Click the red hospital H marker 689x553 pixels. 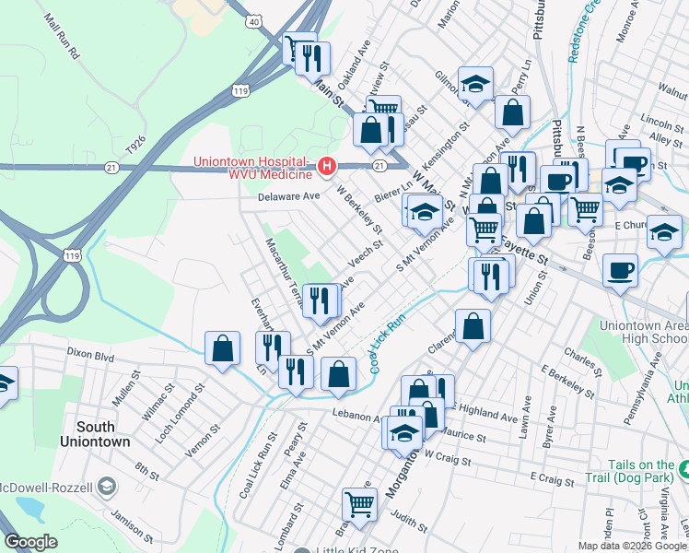coord(326,167)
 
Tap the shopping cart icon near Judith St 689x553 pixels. coord(359,503)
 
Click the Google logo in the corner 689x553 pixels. coord(31,542)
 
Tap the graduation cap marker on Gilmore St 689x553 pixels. coord(475,84)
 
